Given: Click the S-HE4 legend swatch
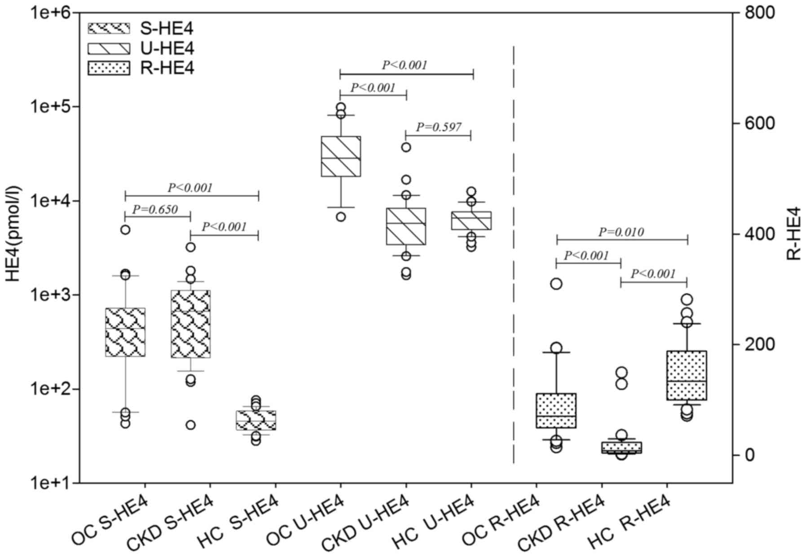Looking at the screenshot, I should pyautogui.click(x=109, y=28).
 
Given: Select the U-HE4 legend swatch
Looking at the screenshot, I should pyautogui.click(x=109, y=49).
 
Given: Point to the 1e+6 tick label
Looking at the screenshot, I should pyautogui.click(x=48, y=13).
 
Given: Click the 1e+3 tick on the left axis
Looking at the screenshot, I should pyautogui.click(x=48, y=295).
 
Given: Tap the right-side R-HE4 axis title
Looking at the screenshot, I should pyautogui.click(x=794, y=234).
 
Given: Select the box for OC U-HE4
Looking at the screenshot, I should pyautogui.click(x=341, y=156).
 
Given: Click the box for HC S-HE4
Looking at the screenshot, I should pyautogui.click(x=256, y=420).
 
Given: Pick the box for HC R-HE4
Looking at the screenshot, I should pyautogui.click(x=687, y=375).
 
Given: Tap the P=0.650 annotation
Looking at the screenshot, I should pyautogui.click(x=155, y=209).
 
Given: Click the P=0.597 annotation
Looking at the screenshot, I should pyautogui.click(x=438, y=127).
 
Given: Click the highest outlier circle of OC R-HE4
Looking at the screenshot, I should pyautogui.click(x=556, y=284).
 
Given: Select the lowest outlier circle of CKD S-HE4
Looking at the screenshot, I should pyautogui.click(x=191, y=425).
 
